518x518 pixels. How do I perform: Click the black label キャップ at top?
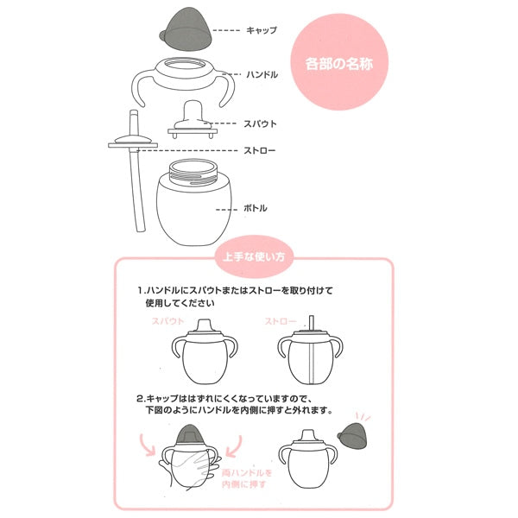tap(261, 30)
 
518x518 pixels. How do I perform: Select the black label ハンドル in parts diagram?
tap(261, 75)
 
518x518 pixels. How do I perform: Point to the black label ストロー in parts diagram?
tap(261, 150)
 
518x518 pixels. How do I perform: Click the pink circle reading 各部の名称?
tap(339, 63)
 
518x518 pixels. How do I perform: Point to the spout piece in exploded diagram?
tap(193, 118)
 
